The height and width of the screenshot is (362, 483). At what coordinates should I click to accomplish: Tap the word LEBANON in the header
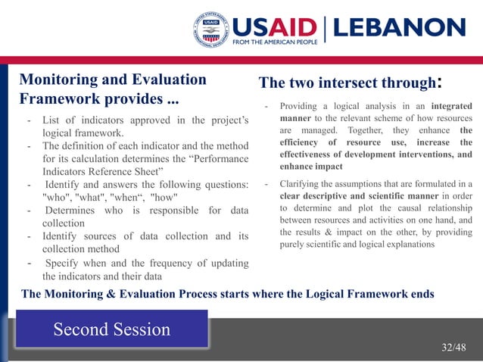click(x=400, y=28)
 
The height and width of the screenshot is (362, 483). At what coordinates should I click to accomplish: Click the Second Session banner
click(x=112, y=329)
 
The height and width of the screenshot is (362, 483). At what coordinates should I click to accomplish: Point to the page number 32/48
click(x=453, y=347)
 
